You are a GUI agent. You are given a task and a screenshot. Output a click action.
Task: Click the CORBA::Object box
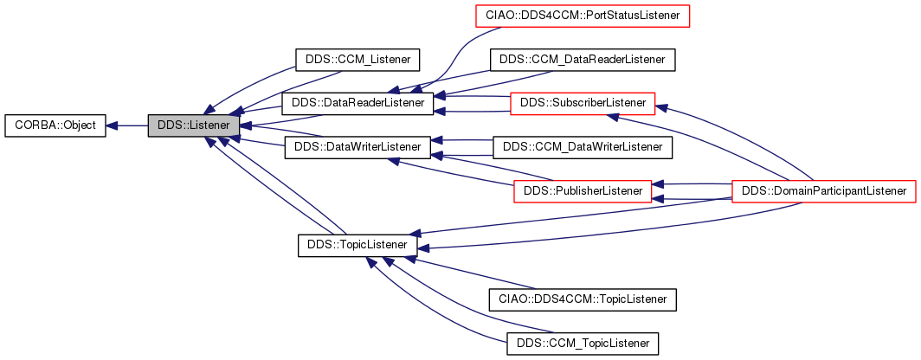click(x=55, y=125)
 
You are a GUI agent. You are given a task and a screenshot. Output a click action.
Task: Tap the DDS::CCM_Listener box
click(x=357, y=60)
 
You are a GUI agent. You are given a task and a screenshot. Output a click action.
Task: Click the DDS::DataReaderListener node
click(x=357, y=103)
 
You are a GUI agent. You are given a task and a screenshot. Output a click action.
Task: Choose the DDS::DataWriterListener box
click(x=357, y=146)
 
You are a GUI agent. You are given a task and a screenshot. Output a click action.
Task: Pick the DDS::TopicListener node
click(x=357, y=245)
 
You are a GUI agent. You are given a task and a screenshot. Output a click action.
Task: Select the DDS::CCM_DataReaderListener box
click(x=582, y=60)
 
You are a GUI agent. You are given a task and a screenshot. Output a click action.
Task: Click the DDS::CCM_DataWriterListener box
click(x=582, y=147)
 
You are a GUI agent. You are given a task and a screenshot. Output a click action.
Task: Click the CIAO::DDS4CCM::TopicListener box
click(x=582, y=299)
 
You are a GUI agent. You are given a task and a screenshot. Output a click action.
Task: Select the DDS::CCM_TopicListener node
click(x=582, y=344)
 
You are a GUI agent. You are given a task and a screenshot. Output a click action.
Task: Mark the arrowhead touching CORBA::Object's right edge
click(x=112, y=125)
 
